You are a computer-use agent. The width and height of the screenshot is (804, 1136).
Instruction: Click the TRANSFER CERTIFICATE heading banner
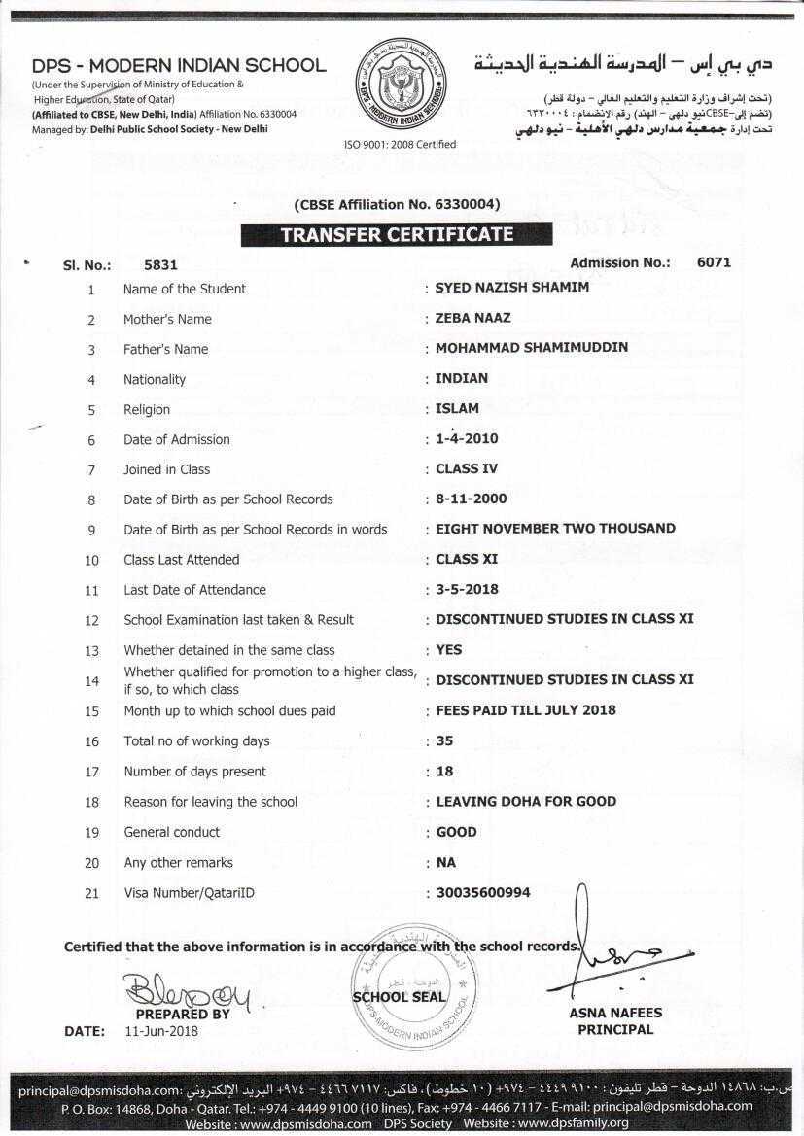coord(397,234)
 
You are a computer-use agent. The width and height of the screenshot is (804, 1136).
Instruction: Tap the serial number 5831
coord(160,264)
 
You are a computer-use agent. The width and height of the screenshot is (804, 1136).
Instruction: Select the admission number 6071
coord(714,262)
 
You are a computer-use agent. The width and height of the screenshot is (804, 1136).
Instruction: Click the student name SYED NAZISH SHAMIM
coord(512,288)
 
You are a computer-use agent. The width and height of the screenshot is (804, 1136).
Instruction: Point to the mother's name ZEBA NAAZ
coord(473,318)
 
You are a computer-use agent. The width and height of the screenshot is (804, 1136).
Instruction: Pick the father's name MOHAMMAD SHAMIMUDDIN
coord(532,348)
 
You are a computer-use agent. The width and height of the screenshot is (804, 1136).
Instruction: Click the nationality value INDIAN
coord(462,378)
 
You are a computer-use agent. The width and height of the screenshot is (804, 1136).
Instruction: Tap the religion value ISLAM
coord(458,408)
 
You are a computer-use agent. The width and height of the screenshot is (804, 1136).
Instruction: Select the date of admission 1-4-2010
coord(468,438)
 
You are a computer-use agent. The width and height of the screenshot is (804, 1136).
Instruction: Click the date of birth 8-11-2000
coord(472,499)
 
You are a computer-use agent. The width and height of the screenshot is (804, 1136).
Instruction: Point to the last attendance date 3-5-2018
coord(468,589)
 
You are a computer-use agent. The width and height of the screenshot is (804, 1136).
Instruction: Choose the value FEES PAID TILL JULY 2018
coord(526,710)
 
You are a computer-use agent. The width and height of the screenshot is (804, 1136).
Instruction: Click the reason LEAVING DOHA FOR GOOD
coord(526,801)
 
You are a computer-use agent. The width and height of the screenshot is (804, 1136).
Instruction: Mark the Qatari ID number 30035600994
coord(483,892)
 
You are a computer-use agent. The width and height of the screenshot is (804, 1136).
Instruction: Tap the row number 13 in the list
coord(92,650)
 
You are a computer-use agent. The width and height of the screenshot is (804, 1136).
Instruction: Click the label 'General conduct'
coord(171,832)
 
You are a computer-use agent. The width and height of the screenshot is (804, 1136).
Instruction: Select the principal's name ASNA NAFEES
coord(615,1013)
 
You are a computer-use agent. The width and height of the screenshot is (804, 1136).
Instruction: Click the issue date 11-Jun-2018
coord(161,1031)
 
